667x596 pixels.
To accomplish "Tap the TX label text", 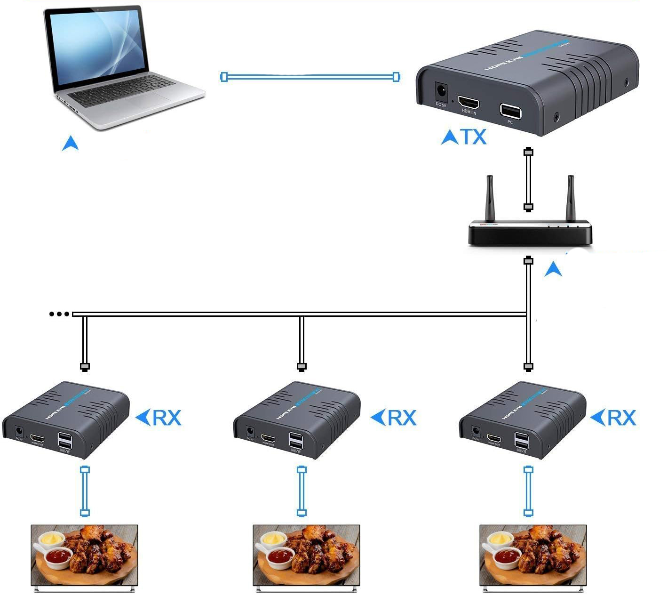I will (x=472, y=137).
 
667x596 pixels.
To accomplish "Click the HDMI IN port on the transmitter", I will (x=468, y=102).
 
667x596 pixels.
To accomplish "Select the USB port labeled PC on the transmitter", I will (x=510, y=111).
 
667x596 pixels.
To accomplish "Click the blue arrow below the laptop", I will (x=70, y=143).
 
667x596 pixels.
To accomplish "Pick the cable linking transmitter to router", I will (x=528, y=179).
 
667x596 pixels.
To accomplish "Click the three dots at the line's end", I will (x=59, y=314).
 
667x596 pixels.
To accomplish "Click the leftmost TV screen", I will (x=84, y=556).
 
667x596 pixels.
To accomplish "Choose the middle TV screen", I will (x=306, y=556).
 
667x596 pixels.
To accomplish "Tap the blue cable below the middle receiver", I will (x=302, y=491).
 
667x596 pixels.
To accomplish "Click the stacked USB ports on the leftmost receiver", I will (x=65, y=441).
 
